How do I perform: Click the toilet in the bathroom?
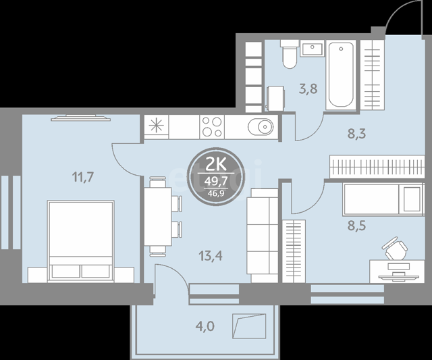(290, 54)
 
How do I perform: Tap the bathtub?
(341, 75)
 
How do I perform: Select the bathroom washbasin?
(312, 49)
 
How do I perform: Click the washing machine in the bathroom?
(275, 99)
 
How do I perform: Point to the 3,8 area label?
(308, 89)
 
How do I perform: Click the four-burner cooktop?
(212, 127)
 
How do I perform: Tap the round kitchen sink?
(261, 127)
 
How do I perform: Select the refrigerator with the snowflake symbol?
(156, 127)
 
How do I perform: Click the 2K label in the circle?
(216, 165)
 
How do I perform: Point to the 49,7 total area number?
(216, 181)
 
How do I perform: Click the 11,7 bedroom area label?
(83, 177)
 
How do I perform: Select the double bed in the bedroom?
(81, 241)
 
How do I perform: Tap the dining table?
(158, 216)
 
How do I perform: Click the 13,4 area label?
(211, 256)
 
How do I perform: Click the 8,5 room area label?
(356, 226)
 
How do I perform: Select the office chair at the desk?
(394, 248)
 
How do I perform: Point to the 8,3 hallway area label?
(356, 134)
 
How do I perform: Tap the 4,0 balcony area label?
(205, 326)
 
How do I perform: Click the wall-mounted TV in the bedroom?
(81, 118)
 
